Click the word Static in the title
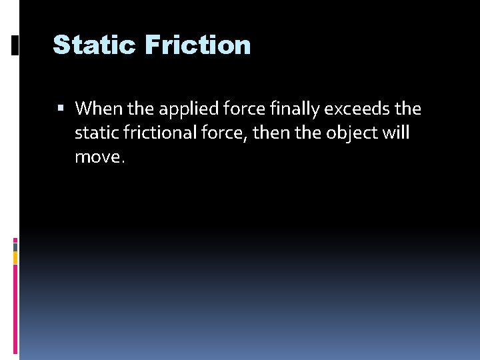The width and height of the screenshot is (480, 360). [x=94, y=45]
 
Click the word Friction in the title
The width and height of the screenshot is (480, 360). [x=197, y=45]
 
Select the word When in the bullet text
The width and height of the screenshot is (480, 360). [x=94, y=108]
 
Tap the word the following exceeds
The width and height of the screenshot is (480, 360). [x=407, y=108]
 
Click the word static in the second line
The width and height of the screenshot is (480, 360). [x=94, y=133]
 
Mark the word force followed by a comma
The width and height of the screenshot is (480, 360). [x=228, y=133]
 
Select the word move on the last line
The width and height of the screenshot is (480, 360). [x=99, y=159]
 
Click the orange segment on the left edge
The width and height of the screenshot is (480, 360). [x=15, y=257]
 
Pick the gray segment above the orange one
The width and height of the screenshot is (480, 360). [x=15, y=246]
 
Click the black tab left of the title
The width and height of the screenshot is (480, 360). [x=15, y=45]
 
